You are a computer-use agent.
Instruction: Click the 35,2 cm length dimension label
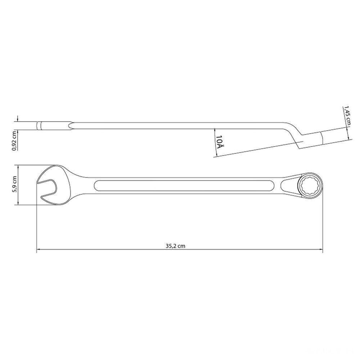pyautogui.click(x=175, y=246)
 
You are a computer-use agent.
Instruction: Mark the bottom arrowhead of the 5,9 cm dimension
pyautogui.click(x=17, y=204)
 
